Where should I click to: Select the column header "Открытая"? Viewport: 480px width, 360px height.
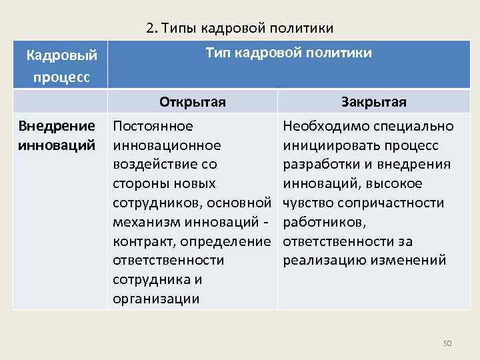(x=192, y=102)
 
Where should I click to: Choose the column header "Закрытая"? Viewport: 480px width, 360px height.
(x=373, y=102)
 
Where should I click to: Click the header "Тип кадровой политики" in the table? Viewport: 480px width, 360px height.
(x=289, y=53)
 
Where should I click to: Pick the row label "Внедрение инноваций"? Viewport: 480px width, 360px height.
(x=57, y=135)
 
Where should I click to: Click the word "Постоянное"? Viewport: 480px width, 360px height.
(x=153, y=126)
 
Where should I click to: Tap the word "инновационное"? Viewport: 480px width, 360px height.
(x=167, y=145)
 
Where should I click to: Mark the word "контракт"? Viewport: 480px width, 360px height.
(x=143, y=241)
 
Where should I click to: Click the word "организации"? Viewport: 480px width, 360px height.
(x=156, y=298)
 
